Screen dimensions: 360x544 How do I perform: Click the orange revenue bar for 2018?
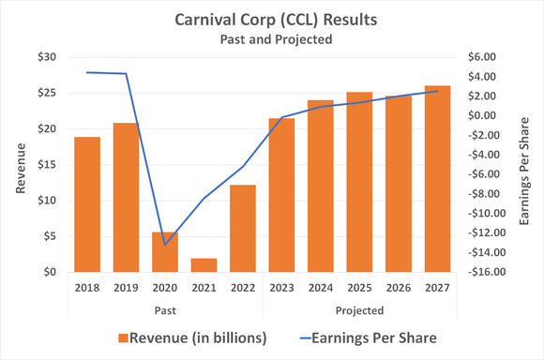(x=87, y=204)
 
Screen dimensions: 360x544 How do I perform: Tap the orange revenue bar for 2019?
(x=126, y=197)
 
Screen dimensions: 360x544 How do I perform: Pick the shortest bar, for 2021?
(x=204, y=265)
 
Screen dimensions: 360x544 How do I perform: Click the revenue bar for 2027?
(x=437, y=178)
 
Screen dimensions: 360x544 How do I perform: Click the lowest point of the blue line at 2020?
(x=165, y=245)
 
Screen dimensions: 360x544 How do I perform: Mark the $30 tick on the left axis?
(x=45, y=57)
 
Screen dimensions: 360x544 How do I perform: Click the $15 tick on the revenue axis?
(x=45, y=165)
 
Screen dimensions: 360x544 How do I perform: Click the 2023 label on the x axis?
(x=281, y=289)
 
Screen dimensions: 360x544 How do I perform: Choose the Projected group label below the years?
(x=359, y=308)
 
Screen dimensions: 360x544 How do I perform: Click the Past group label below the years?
(x=165, y=308)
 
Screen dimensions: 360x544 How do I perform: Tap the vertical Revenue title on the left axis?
(x=20, y=165)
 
